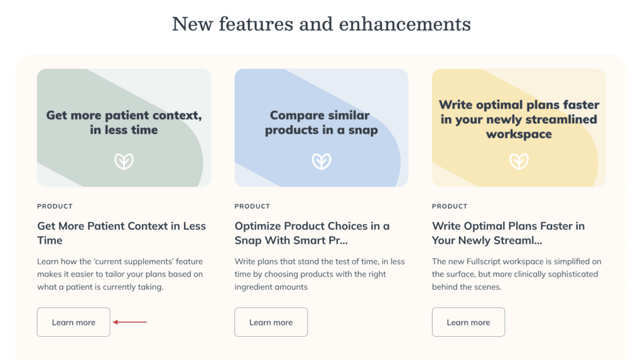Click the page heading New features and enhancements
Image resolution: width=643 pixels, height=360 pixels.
[321, 24]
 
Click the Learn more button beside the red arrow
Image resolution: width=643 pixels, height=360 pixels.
[73, 322]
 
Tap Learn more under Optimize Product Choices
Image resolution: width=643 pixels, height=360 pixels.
[271, 322]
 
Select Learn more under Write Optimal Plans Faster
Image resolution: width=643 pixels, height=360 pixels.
[468, 322]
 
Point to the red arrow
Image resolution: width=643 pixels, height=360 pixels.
[129, 322]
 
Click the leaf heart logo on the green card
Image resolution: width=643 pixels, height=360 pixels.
[124, 161]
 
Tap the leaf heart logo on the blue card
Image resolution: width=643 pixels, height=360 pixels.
[321, 161]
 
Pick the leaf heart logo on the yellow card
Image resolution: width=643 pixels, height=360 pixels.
[519, 161]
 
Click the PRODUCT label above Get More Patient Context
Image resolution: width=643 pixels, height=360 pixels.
[55, 206]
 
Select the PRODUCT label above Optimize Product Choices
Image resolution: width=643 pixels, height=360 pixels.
[252, 206]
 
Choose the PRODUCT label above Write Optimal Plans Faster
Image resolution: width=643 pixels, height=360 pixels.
[450, 206]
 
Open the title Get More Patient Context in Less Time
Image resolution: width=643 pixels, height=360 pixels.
[121, 232]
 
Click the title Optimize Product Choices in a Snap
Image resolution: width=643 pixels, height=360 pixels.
[312, 232]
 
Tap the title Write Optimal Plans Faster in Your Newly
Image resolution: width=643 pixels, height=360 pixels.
[508, 232]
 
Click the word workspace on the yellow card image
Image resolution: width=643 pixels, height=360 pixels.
[519, 134]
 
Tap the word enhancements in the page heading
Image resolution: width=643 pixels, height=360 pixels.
[405, 24]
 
